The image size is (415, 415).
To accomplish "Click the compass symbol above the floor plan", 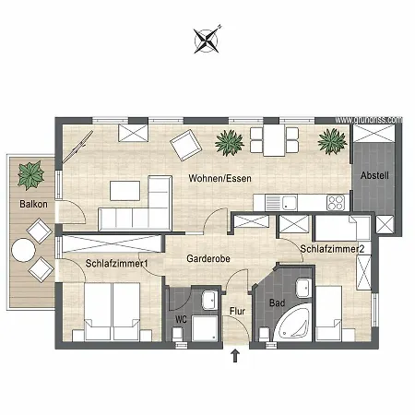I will point(207,39).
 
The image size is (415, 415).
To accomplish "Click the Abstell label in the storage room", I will point(374,175).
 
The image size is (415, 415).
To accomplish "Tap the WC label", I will point(181,320).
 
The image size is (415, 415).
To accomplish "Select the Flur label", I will point(237,311).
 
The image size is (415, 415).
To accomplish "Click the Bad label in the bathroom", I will point(276,302).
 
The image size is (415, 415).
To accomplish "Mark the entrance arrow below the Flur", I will point(235,357).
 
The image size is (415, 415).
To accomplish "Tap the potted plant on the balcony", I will point(30,172).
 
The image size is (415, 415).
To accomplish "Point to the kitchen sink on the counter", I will point(290,203).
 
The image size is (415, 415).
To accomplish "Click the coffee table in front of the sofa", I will point(125,190).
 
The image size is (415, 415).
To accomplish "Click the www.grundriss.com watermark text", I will point(369,120).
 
